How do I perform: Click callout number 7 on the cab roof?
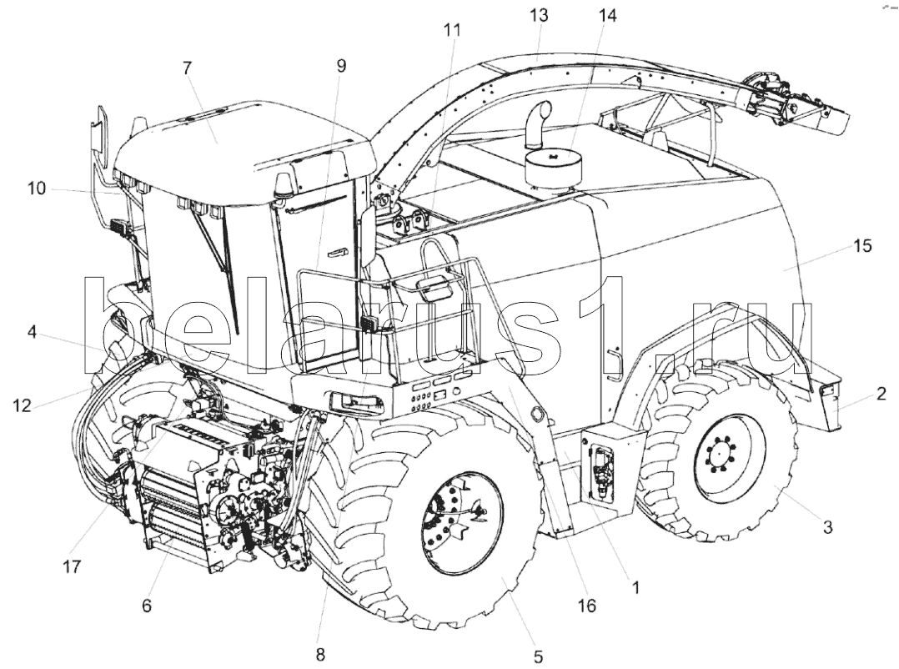(187, 68)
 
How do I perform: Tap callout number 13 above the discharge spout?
(539, 15)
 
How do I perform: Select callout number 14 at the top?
(607, 16)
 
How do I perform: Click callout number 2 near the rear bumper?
(881, 393)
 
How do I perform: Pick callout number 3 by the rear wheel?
(827, 526)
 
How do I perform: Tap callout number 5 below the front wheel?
(538, 656)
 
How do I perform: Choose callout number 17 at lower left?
(72, 567)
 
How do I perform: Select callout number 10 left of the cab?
(37, 188)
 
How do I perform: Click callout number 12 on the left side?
(22, 405)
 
